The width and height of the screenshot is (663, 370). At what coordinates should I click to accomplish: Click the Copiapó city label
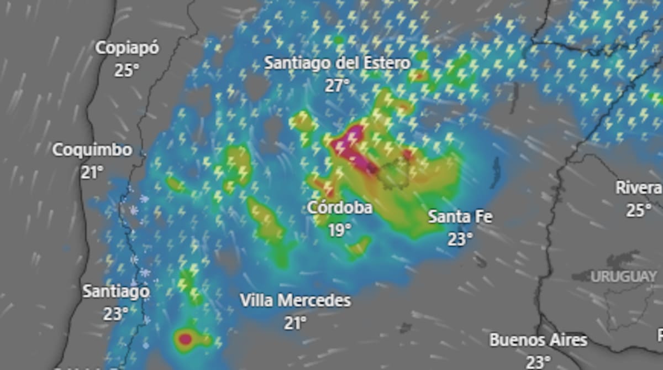pos(127,48)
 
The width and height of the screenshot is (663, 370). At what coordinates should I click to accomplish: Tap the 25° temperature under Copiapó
pos(127,70)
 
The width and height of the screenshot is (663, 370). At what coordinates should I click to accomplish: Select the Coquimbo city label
pos(92,150)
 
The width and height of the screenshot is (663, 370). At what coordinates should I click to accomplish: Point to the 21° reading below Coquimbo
pos(92,172)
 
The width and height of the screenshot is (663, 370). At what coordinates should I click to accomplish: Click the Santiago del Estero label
pos(337,63)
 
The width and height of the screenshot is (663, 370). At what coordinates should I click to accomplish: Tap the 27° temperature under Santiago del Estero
pos(337,85)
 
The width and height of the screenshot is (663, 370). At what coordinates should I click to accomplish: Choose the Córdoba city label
pos(339,208)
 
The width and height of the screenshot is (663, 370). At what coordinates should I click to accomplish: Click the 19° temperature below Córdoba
pos(339,230)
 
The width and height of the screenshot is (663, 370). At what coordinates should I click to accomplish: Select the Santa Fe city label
pos(460,216)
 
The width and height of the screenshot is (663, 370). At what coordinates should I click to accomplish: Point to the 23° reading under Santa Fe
pos(460,238)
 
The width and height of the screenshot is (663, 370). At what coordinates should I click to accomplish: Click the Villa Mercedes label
pos(295,301)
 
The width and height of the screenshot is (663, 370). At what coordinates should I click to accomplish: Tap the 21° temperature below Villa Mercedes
pos(295,322)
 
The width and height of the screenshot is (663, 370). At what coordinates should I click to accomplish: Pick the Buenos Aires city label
pos(538,340)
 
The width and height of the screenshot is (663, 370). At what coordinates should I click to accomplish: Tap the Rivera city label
pos(639,188)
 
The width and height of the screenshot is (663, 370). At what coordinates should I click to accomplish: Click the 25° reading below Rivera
pos(638,210)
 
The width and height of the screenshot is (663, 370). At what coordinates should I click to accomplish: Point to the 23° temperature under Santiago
pos(115,314)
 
